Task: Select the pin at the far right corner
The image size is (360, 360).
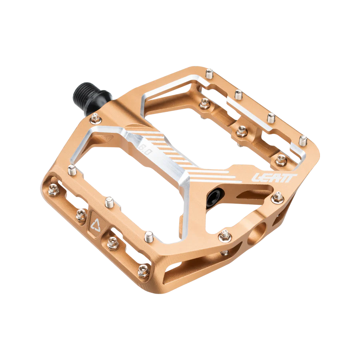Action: pyautogui.click(x=304, y=140)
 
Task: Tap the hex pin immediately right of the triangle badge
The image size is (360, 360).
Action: pyautogui.click(x=112, y=242)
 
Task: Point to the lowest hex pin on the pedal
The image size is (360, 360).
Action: pyautogui.click(x=143, y=272)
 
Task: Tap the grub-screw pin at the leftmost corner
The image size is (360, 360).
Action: pyautogui.click(x=72, y=170)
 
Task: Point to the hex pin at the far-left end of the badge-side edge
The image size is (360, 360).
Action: pyautogui.click(x=53, y=190)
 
